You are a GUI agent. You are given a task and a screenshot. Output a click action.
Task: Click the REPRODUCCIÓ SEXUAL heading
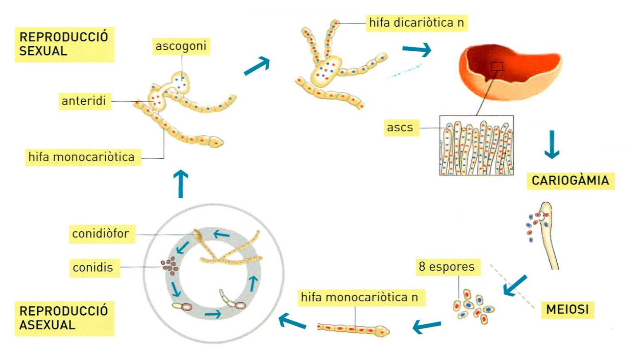click(64, 44)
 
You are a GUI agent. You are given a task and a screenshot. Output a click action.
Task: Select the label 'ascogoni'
click(180, 46)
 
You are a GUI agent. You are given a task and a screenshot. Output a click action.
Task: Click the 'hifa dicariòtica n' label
click(417, 23)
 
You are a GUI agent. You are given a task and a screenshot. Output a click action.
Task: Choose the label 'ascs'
click(400, 128)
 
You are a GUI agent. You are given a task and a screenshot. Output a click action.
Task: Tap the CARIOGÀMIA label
click(570, 181)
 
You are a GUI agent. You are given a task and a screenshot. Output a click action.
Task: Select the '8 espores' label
click(446, 267)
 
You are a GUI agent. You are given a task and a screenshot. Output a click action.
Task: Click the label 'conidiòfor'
click(102, 234)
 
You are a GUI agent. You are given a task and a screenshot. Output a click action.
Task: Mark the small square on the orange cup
click(497, 67)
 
